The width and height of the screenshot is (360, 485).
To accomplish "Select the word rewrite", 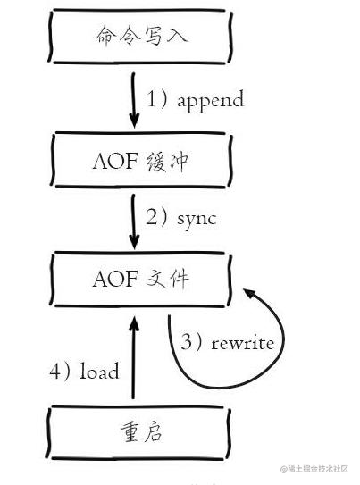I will pos(242,343).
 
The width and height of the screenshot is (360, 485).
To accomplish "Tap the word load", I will pos(100,371).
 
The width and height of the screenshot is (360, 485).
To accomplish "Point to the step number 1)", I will pos(157,99).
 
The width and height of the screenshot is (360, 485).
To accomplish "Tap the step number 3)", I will pos(194,343).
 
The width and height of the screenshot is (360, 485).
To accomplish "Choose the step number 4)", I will pos(61,371).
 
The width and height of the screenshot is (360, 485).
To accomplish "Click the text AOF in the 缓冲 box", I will pos(113,162).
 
